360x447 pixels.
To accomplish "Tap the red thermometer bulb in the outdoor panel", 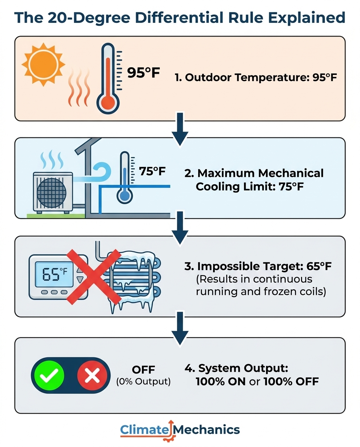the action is pos(108,102).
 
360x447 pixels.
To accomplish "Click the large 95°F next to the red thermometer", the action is pos(144,73).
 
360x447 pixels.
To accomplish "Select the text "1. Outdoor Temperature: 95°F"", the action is pos(256,77).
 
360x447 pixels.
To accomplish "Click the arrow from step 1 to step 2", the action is pos(180,129).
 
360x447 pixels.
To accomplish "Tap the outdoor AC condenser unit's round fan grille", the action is pos(52,193).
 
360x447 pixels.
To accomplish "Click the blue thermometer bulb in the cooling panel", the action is pos(125,196).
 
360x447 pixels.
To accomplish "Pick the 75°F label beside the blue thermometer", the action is pos(152,172).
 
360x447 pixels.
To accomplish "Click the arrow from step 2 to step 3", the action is pos(180,227).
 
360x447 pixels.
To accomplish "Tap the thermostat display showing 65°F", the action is pos(54,274).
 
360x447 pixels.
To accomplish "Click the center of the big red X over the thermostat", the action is pos(94,277).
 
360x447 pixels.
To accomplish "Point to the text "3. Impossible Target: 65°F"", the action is pos(258,266).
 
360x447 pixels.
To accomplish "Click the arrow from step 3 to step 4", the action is pos(180,328).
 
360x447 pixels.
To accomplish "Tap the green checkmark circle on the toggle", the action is pos(49,375).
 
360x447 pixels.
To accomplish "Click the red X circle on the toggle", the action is pos(92,375).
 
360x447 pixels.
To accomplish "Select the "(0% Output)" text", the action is pos(144,381).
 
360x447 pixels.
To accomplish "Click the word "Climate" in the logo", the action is pos(144,430).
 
